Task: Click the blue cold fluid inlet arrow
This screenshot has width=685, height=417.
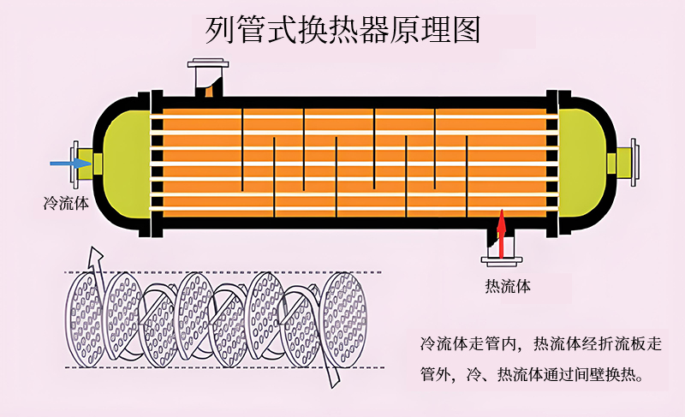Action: coord(71,164)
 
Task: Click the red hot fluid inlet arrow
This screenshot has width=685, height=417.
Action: coord(502,234)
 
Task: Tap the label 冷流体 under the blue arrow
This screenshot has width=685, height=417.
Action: coord(67,204)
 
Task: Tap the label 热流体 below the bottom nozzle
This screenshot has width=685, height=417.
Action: coord(508,287)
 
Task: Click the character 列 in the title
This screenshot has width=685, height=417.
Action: coord(220,30)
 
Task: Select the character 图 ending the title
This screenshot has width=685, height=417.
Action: coord(467,30)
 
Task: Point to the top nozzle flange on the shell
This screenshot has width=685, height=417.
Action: coord(208,63)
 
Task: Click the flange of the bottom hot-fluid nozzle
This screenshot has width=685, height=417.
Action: coord(502,261)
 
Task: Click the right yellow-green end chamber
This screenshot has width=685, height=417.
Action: coord(582,163)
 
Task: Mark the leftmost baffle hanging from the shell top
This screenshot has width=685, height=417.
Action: coord(242,150)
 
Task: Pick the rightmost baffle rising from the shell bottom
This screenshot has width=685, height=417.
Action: coord(467,176)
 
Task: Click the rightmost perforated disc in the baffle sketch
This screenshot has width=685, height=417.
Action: coord(343,320)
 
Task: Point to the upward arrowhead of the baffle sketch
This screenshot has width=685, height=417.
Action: coord(96,257)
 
